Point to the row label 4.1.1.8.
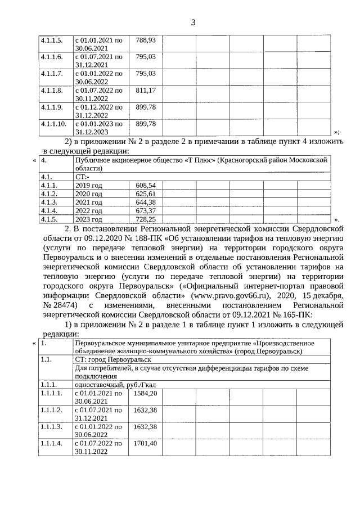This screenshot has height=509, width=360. [51, 90]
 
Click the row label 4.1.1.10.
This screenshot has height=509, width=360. [53, 123]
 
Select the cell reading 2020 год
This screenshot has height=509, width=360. [89, 193]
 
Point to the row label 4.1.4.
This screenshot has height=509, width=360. [49, 210]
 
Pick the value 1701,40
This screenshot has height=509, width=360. [145, 444]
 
